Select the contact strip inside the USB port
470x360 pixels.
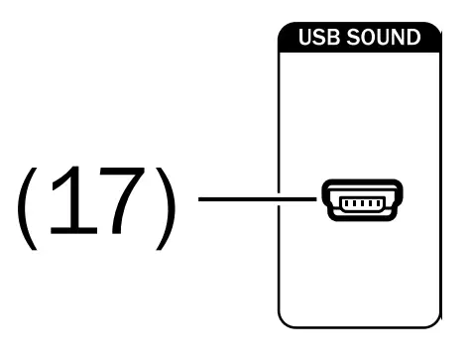(360, 205)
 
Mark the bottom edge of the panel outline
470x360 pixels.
(360, 326)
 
